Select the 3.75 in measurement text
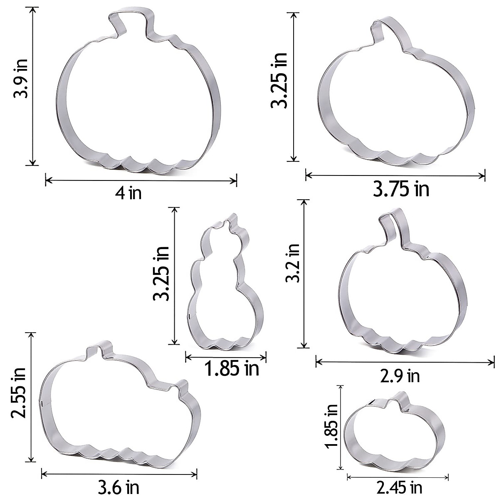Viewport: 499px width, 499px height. [x=401, y=189]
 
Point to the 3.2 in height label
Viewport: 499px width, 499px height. [x=292, y=263]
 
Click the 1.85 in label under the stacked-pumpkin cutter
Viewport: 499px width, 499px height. [x=232, y=368]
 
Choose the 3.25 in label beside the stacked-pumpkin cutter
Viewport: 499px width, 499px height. [x=161, y=273]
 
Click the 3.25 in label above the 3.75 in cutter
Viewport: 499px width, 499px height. [x=279, y=80]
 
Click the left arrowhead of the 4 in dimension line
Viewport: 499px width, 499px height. [x=47, y=180]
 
